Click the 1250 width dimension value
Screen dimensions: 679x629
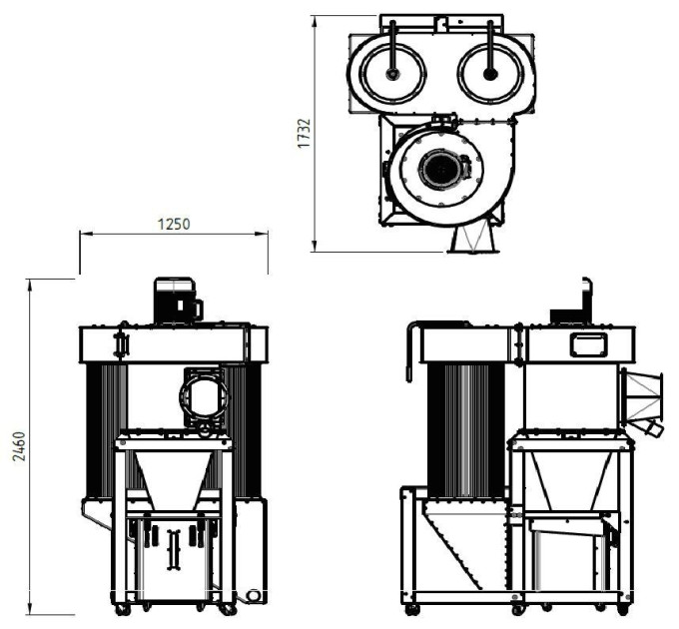click(x=173, y=225)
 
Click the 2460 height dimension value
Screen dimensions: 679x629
click(x=19, y=446)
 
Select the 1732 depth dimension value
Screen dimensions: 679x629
click(x=304, y=134)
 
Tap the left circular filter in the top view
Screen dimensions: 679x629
click(x=392, y=73)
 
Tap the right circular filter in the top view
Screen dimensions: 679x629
click(x=490, y=73)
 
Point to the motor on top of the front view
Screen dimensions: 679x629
click(x=178, y=301)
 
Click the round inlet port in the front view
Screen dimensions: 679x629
click(x=204, y=396)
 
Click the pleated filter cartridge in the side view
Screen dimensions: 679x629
click(x=466, y=430)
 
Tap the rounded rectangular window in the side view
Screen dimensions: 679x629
click(x=587, y=345)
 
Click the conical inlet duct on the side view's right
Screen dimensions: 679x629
click(x=642, y=398)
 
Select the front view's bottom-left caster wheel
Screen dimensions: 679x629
click(x=123, y=610)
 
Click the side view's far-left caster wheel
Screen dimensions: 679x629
click(x=411, y=610)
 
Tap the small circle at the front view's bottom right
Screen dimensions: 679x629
click(x=254, y=596)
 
